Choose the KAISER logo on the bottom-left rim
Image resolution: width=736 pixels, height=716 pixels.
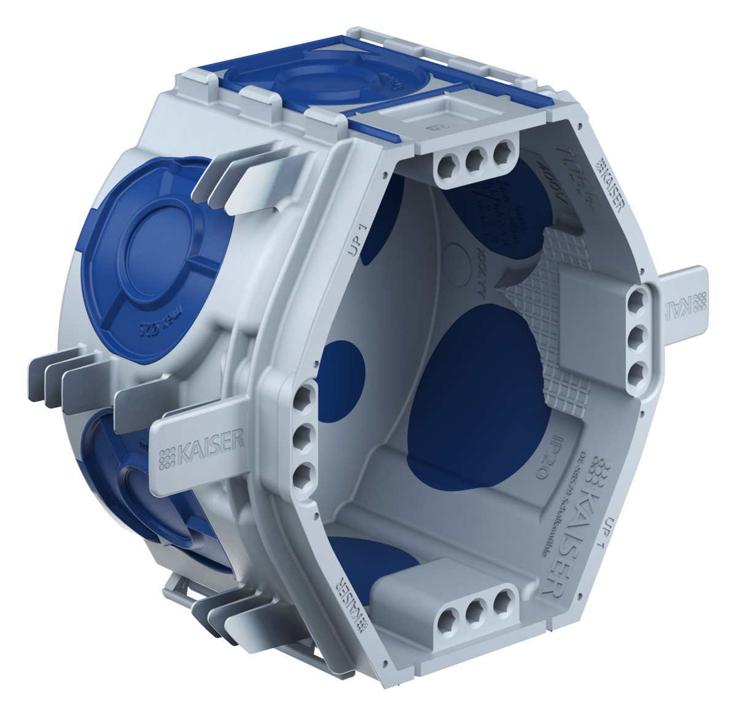point(350,602)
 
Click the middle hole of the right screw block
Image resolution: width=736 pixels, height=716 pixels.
point(638,335)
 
